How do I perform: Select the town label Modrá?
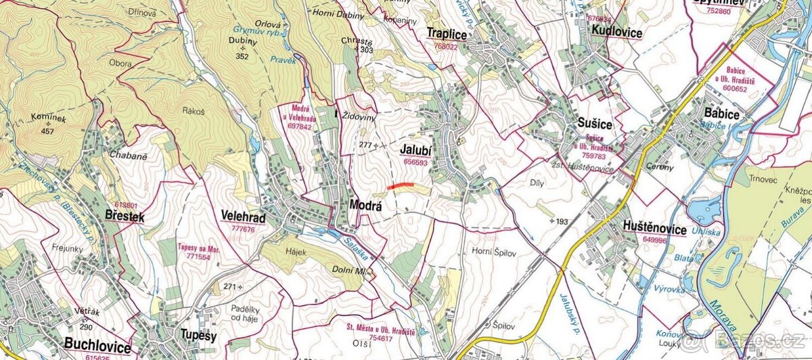pyautogui.click(x=366, y=205)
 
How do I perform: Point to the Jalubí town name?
pyautogui.click(x=415, y=150)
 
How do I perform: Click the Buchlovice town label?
pyautogui.click(x=97, y=346)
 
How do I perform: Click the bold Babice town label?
pyautogui.click(x=721, y=114)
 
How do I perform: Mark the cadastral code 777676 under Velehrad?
pyautogui.click(x=244, y=229)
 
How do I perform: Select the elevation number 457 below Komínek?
pyautogui.click(x=47, y=130)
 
